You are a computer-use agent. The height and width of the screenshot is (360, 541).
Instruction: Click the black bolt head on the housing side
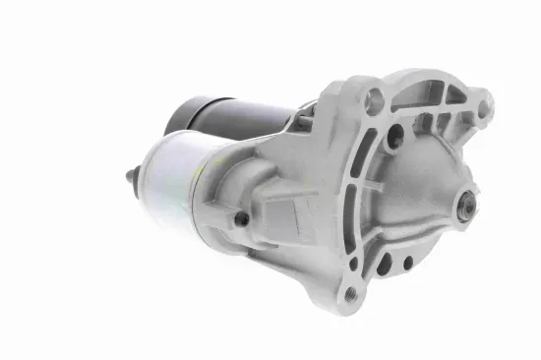[241, 219]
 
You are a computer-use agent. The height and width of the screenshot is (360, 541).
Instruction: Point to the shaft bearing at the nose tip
[466, 207]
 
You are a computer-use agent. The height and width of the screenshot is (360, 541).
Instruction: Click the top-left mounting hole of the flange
[374, 98]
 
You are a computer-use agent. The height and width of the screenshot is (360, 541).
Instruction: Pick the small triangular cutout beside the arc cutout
[455, 96]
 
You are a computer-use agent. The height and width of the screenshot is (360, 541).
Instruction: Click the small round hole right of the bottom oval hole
[406, 264]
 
